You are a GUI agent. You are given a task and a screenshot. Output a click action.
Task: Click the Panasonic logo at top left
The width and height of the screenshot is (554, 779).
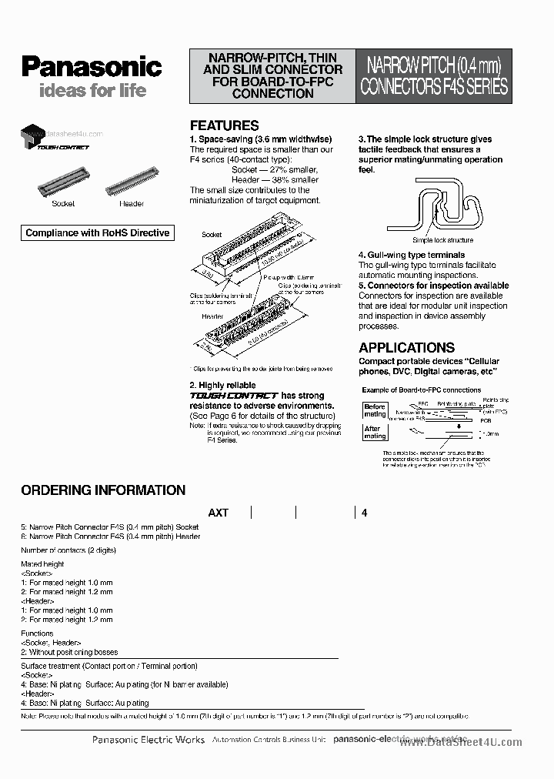tap(91, 67)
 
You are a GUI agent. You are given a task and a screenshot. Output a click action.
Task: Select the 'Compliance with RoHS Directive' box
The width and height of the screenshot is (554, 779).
tap(97, 233)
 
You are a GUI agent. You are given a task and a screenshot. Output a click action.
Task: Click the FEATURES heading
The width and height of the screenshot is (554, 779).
tap(224, 125)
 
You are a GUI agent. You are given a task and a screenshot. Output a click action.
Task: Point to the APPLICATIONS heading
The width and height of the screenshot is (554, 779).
tap(406, 347)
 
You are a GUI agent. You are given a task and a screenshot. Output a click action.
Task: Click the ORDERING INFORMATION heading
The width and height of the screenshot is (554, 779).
tap(103, 490)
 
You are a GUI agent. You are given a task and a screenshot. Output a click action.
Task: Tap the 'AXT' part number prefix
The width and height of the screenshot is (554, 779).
tap(218, 513)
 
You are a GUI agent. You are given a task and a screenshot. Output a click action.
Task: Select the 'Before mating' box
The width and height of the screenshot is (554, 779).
tap(375, 410)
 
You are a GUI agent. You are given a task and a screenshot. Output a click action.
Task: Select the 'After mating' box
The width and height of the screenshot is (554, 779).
tap(374, 433)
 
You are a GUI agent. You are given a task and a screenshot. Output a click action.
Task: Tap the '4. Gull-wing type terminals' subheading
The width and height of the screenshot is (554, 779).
tap(412, 255)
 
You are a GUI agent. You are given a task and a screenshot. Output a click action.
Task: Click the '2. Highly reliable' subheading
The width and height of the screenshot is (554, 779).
tap(222, 385)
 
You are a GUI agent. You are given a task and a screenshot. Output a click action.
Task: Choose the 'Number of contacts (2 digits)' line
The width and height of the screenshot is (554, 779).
tap(68, 550)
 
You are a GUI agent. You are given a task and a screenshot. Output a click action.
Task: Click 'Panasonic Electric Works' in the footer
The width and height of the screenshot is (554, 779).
tap(148, 740)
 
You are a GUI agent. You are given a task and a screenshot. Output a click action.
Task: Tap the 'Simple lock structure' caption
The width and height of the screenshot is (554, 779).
tap(431, 240)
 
